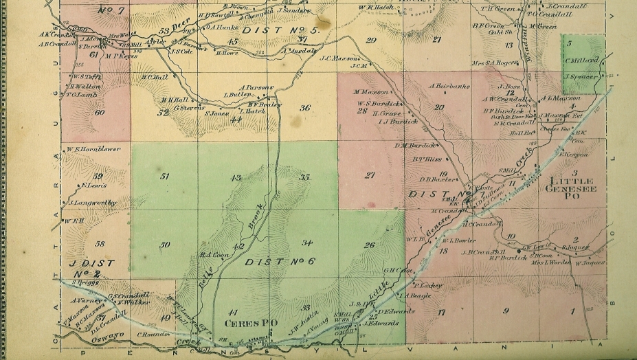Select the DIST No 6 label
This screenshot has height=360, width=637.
280,262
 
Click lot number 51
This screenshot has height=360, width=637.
165,177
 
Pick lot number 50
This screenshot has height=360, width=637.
165,245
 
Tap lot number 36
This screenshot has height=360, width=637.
305,107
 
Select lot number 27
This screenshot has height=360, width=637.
370,175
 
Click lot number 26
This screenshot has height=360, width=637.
369,245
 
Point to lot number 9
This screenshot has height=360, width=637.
506,311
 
